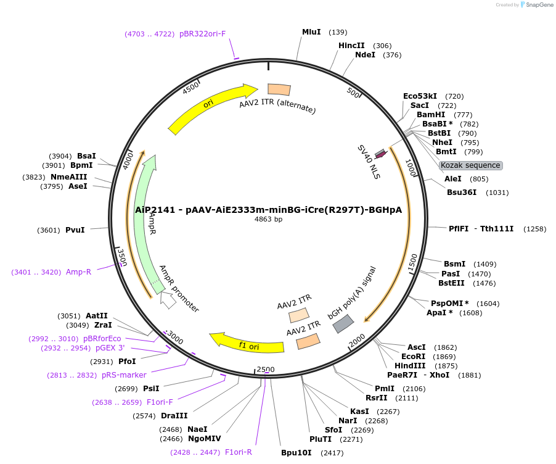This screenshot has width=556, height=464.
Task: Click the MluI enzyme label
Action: pos(311,32)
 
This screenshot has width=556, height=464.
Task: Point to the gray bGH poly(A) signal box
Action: pos(343,324)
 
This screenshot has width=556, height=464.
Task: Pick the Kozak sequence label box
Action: pos(471,165)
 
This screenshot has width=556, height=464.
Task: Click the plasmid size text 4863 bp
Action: pos(268,220)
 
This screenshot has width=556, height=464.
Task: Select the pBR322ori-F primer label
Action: pos(202,34)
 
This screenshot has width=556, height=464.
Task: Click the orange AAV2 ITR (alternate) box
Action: pos(279,89)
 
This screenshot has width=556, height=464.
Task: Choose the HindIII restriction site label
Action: pos(415,365)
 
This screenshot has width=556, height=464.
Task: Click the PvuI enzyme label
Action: pos(75,230)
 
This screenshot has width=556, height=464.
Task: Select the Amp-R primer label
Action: pos(78,272)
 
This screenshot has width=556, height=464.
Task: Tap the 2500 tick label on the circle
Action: pos(266,370)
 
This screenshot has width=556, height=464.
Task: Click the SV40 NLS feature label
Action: pos(369,162)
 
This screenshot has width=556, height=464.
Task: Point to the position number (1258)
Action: pos(534,229)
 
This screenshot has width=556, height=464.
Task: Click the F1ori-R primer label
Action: pos(239,452)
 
